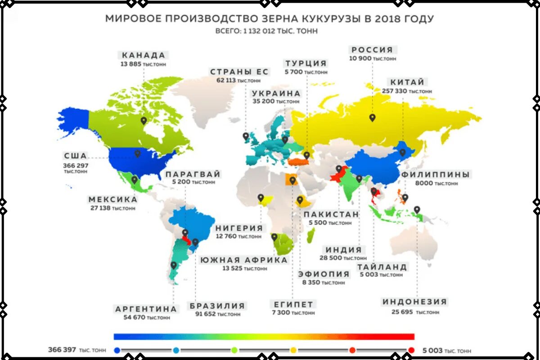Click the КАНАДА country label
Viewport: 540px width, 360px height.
pyautogui.click(x=144, y=55)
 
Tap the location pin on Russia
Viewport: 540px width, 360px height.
pyautogui.click(x=372, y=118)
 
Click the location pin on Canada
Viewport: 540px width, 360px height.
pyautogui.click(x=144, y=121)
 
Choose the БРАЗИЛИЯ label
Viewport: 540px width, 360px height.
pyautogui.click(x=217, y=306)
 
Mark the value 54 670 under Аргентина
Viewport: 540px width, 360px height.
pyautogui.click(x=134, y=318)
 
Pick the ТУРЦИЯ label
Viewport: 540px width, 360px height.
pyautogui.click(x=306, y=63)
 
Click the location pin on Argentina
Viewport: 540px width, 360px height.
pyautogui.click(x=173, y=265)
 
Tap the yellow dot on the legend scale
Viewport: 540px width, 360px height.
pyautogui.click(x=294, y=350)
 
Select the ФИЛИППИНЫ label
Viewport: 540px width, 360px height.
pyautogui.click(x=436, y=175)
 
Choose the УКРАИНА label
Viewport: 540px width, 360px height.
pyautogui.click(x=276, y=94)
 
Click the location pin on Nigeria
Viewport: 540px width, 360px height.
pyautogui.click(x=261, y=198)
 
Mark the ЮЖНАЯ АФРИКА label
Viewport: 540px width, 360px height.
pyautogui.click(x=244, y=260)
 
